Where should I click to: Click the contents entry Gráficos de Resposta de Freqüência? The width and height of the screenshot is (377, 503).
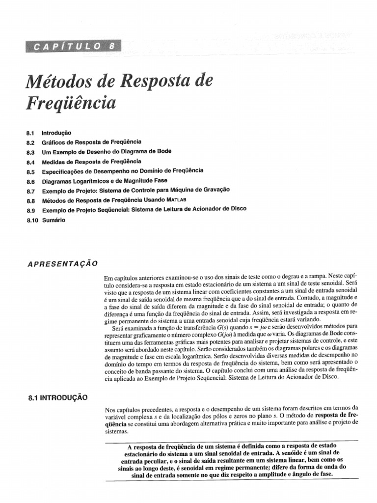(x=91, y=142)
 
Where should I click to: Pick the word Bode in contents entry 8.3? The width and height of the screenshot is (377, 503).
(x=163, y=151)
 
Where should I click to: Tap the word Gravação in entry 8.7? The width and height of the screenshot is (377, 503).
(x=216, y=190)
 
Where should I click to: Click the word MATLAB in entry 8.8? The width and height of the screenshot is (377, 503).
(x=176, y=199)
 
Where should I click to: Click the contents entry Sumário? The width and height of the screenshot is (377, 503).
(x=54, y=220)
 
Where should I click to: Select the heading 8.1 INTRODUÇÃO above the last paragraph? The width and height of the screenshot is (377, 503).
(x=57, y=398)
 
